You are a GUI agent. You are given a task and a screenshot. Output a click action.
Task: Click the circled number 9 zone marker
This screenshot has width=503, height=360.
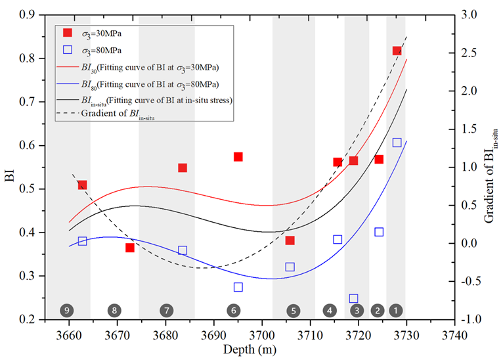pyautogui.click(x=66, y=310)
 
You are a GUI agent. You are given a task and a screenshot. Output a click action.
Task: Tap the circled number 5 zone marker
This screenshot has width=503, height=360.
pyautogui.click(x=293, y=310)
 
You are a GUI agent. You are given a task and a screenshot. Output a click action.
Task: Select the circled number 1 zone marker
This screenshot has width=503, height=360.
pyautogui.click(x=396, y=310)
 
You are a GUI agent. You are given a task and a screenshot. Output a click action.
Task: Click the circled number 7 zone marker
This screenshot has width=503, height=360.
pyautogui.click(x=166, y=310)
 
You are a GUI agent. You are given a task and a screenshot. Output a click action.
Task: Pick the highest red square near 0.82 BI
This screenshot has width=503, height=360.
pyautogui.click(x=397, y=51)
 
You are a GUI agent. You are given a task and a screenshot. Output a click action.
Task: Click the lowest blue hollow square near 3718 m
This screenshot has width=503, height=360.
pyautogui.click(x=353, y=299)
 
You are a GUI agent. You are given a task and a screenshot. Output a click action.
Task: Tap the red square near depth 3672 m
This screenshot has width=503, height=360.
pyautogui.click(x=130, y=248)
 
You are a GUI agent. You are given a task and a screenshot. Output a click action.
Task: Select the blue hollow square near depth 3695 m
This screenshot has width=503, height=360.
pyautogui.click(x=238, y=287)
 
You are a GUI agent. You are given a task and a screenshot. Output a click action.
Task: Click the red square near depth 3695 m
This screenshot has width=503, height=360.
pyautogui.click(x=238, y=157)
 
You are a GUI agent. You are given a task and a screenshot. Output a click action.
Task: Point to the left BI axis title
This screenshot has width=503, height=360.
pyautogui.click(x=10, y=168)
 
